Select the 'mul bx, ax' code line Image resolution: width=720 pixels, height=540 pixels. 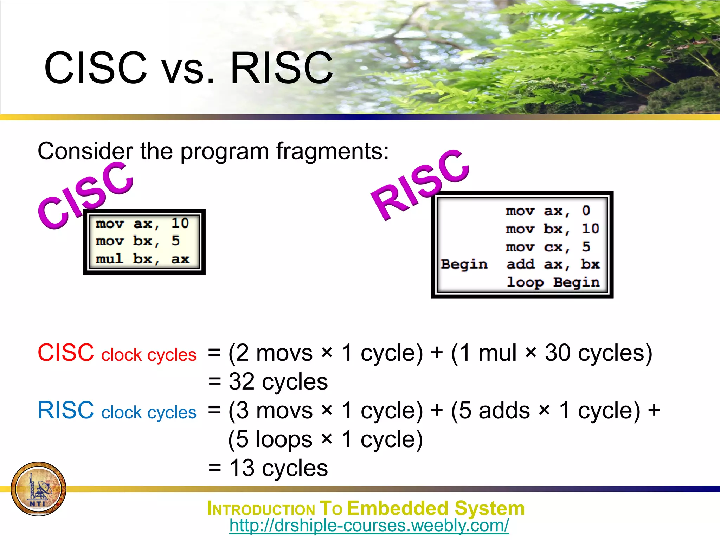tap(142, 259)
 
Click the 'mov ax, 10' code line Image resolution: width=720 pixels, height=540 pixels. tap(142, 224)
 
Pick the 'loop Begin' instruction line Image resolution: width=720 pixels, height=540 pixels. tap(553, 282)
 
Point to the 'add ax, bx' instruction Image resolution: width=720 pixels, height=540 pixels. tap(553, 264)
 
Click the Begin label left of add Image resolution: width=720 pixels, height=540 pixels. tap(464, 264)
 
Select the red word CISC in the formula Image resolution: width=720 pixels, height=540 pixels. tap(66, 353)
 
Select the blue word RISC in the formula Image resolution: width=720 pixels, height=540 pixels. tap(66, 410)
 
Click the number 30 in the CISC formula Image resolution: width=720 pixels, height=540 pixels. tap(558, 353)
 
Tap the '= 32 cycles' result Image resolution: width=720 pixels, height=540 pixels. tap(268, 381)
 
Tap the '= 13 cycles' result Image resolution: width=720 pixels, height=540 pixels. tap(268, 468)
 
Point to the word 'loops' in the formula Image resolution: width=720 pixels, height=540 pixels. tap(284, 439)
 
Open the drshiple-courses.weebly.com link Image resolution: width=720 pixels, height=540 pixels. tap(369, 526)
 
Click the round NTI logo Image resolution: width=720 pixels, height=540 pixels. tap(38, 489)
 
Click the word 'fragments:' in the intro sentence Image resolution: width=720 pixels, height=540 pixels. tap(332, 151)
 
